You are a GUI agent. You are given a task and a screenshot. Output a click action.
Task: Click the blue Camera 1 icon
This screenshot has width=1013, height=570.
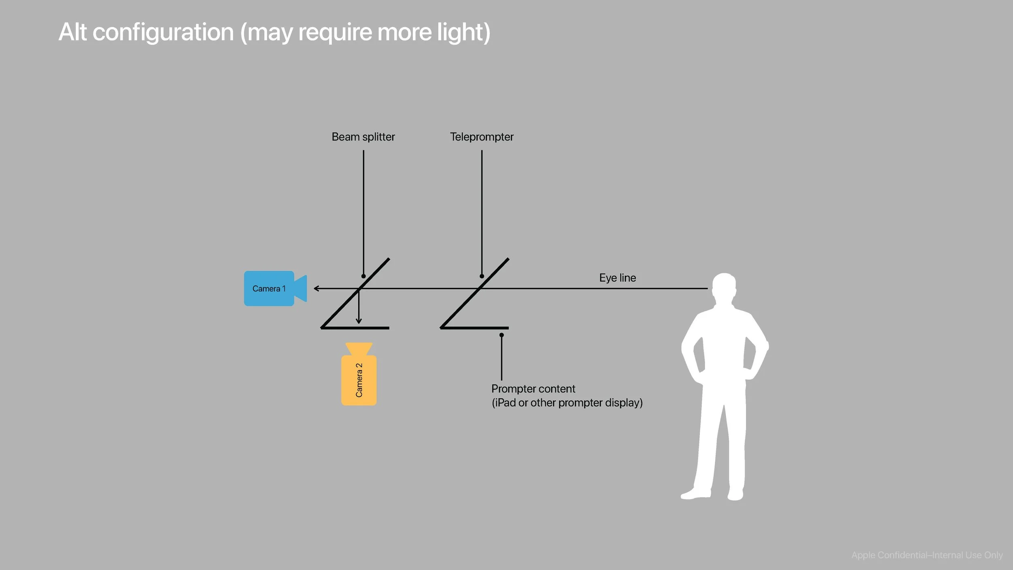[269, 288]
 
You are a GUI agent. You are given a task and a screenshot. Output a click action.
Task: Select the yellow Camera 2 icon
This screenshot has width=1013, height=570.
[359, 380]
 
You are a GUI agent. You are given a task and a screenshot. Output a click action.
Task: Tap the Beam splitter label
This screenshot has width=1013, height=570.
[363, 137]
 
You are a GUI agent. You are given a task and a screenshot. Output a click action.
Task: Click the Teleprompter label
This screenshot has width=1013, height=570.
[481, 137]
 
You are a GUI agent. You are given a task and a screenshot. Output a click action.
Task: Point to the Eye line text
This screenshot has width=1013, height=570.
[618, 278]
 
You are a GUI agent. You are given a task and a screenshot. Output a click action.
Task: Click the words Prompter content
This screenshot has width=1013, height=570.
[533, 389]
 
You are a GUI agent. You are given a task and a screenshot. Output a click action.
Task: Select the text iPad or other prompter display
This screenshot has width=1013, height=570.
[567, 403]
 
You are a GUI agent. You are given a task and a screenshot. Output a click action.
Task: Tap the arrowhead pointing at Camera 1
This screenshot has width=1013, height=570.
[316, 289]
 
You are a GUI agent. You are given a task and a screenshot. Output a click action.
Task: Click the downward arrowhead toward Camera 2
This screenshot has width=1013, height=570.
[359, 321]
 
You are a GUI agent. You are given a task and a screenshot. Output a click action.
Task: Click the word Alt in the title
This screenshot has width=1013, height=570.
[73, 32]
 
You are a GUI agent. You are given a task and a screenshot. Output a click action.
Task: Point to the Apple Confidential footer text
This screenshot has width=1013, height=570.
[927, 555]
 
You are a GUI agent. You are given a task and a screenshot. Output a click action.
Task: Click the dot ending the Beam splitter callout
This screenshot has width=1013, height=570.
[363, 276]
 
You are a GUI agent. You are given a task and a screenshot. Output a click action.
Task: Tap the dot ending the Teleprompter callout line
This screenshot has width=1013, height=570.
[482, 276]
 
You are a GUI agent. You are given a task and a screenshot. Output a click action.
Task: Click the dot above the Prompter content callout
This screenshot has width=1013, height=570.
[502, 335]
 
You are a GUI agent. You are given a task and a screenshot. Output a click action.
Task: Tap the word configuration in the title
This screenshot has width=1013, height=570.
[163, 32]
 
